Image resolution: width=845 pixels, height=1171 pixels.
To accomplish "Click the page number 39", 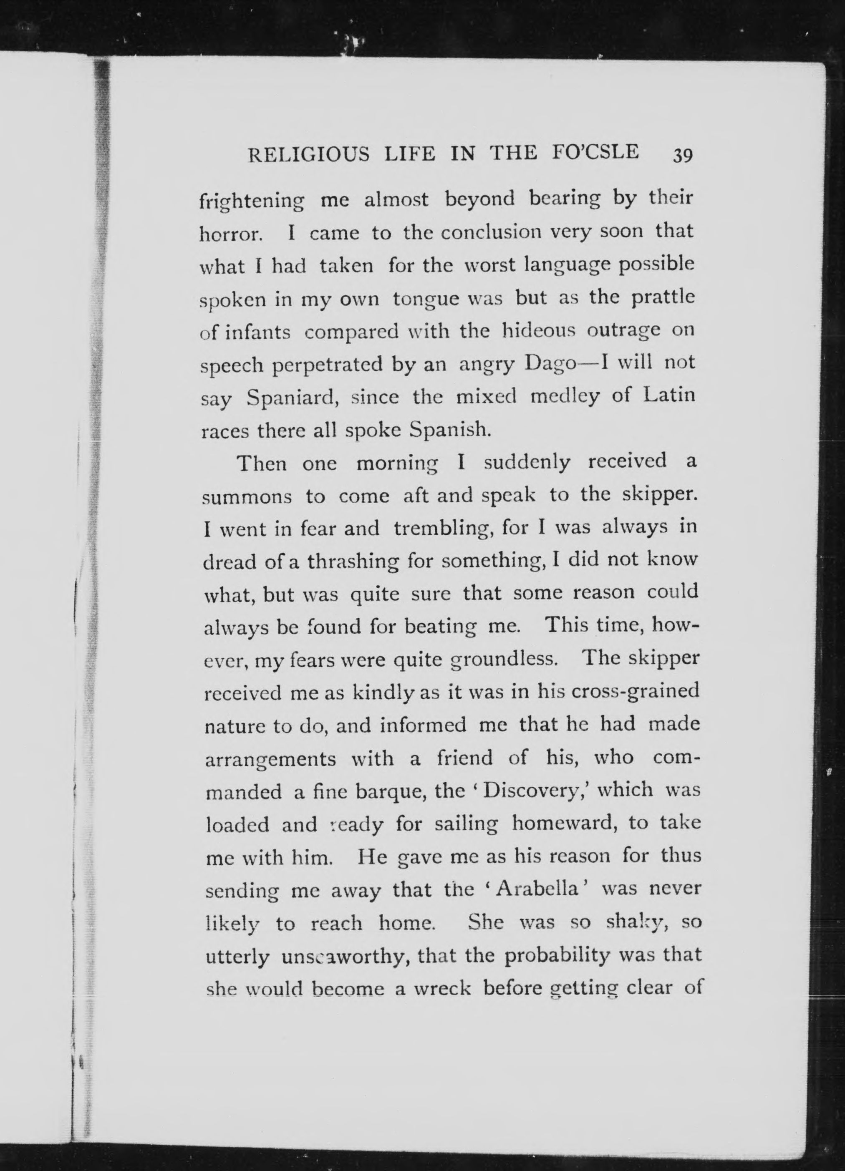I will [682, 156].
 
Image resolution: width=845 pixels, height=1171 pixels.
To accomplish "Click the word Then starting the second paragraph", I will [261, 463].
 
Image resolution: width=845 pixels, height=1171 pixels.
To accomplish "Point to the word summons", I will [247, 497].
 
